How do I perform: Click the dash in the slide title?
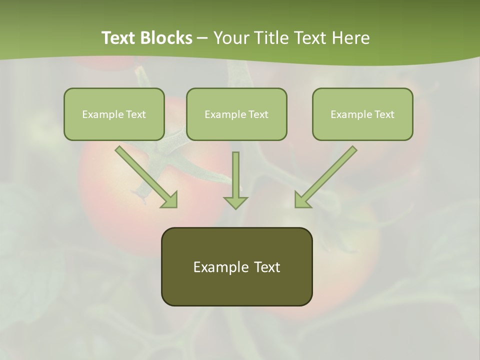point(202,38)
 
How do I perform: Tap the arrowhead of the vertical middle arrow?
point(235,202)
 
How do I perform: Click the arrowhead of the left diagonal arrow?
point(170,200)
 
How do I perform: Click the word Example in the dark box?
point(221,267)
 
